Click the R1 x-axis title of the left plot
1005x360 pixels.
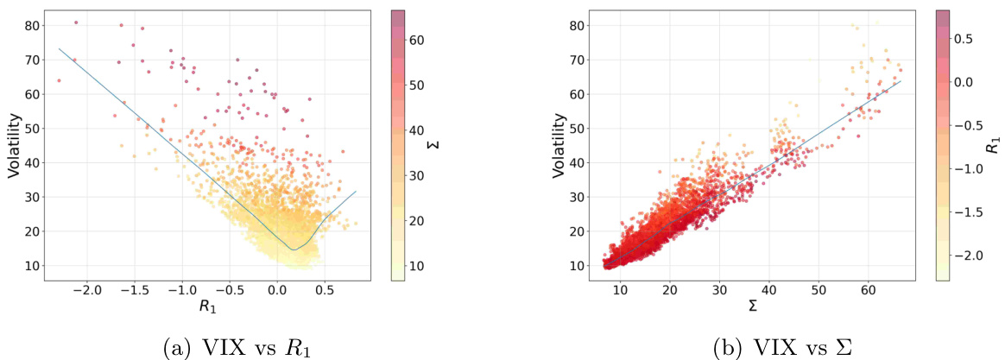click(x=207, y=305)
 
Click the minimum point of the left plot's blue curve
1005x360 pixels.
click(x=294, y=250)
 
